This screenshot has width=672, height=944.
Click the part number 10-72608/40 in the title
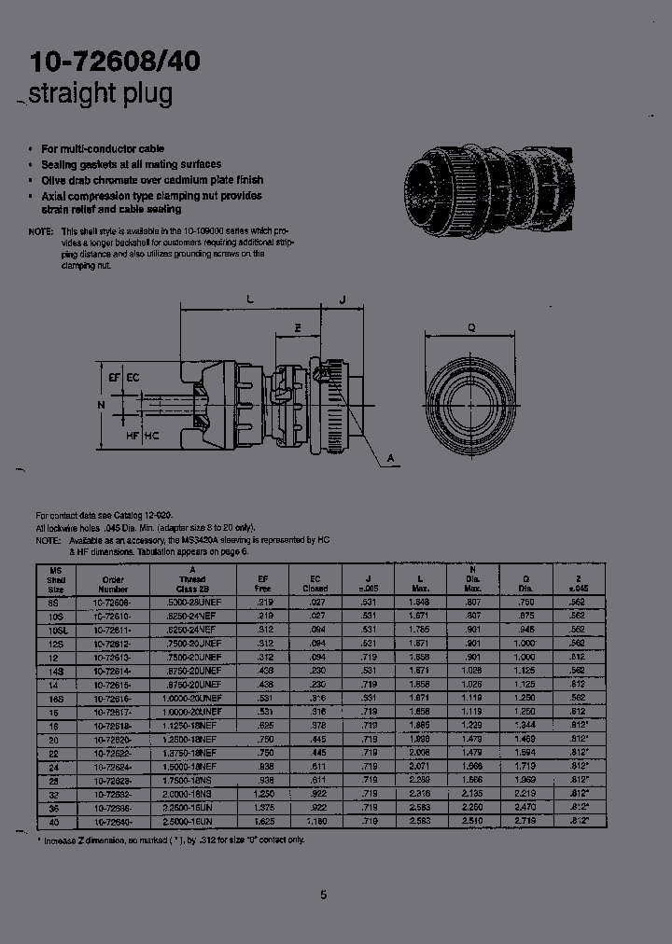coord(115,62)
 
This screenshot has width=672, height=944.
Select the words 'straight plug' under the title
coord(101,93)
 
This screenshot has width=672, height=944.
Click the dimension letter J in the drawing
coord(343,299)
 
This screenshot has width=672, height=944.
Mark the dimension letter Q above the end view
coord(471,327)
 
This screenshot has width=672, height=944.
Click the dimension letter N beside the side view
coord(101,405)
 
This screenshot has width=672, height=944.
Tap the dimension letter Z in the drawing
coord(298,328)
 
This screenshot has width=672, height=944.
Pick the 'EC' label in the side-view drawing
coord(133,377)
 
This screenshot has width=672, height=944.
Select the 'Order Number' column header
coord(112,584)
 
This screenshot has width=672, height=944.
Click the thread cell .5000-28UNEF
coord(192,604)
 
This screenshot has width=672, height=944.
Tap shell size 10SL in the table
coord(54,630)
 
